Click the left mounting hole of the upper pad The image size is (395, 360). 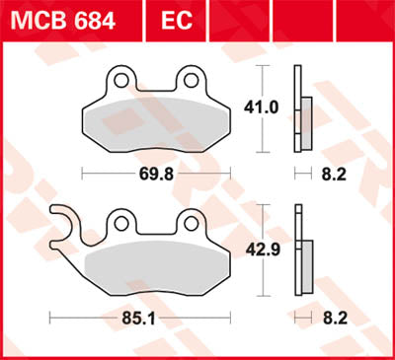click(x=118, y=80)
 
